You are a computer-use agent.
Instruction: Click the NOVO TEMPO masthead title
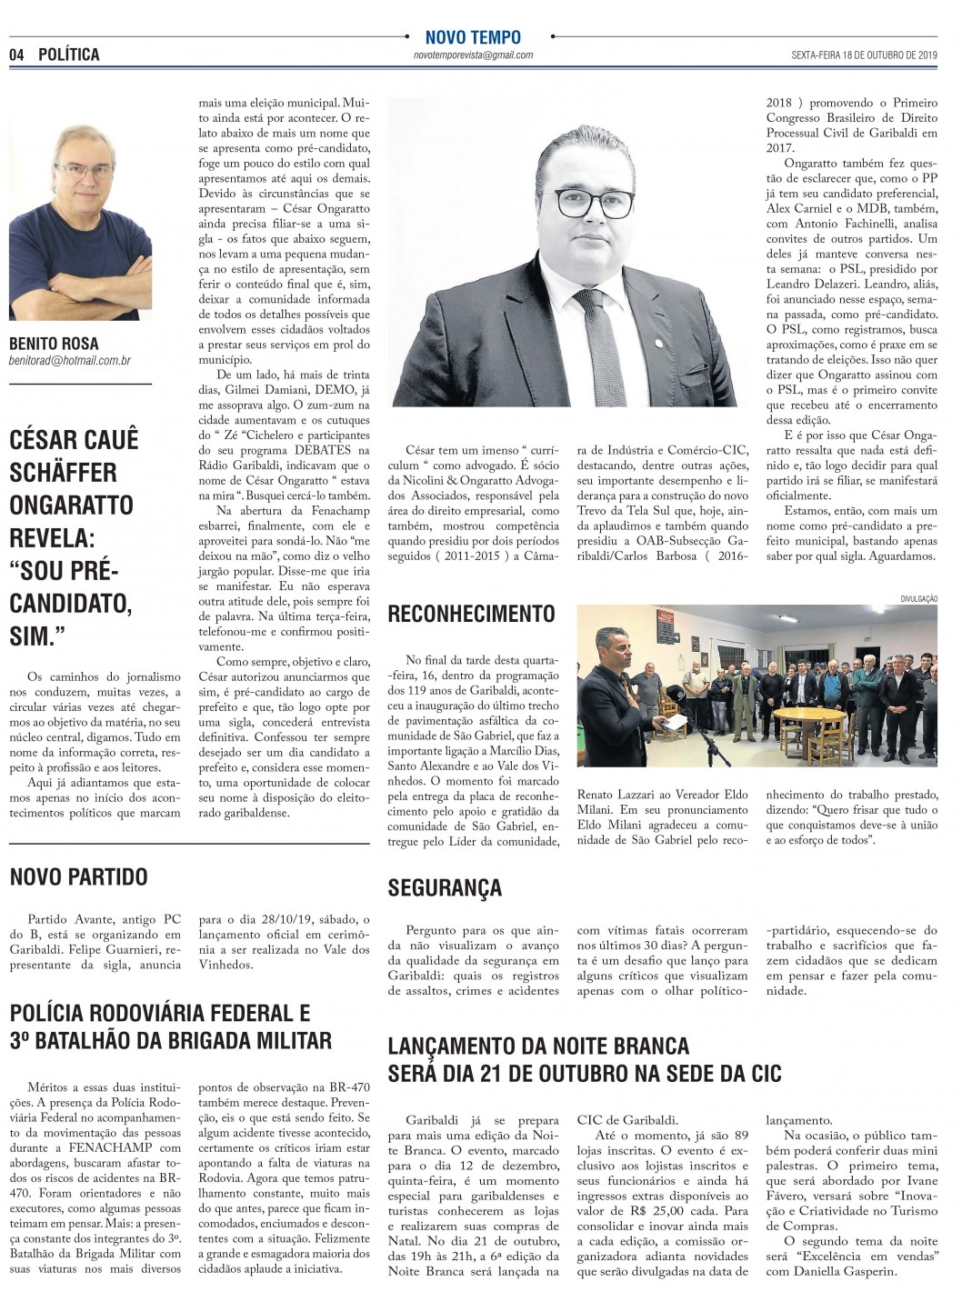pos(473,37)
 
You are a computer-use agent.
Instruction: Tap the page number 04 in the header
pos(16,55)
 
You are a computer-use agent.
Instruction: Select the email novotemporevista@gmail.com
pos(472,55)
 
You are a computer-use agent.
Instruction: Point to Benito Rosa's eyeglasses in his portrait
pos(85,170)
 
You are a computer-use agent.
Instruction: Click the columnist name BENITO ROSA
pos(54,345)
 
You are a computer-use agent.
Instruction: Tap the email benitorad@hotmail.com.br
pos(69,361)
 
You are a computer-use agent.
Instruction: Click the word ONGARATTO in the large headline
pos(72,505)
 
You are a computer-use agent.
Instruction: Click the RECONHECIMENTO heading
pos(471,615)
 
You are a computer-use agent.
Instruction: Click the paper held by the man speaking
pos(674,718)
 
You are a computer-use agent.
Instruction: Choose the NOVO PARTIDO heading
pos(78,877)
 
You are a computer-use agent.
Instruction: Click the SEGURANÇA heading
pos(445,886)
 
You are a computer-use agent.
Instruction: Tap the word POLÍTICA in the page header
pos(69,55)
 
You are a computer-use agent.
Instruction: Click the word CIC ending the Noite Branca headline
pos(762,1073)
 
